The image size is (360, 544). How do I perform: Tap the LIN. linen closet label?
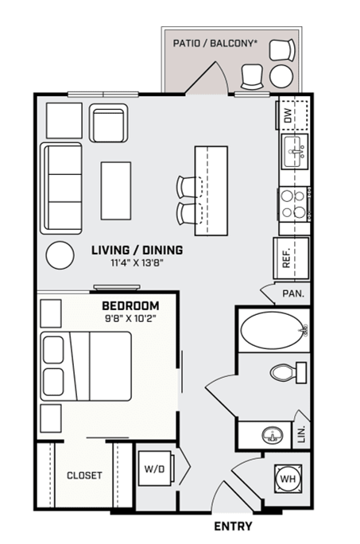point(301,434)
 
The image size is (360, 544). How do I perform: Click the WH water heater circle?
point(288,480)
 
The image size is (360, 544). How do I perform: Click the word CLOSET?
point(84,476)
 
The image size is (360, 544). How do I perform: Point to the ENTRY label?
point(234,527)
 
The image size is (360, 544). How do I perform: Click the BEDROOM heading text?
point(130,305)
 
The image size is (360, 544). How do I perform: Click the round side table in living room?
point(60,255)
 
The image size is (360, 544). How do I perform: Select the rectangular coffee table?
point(115,190)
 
